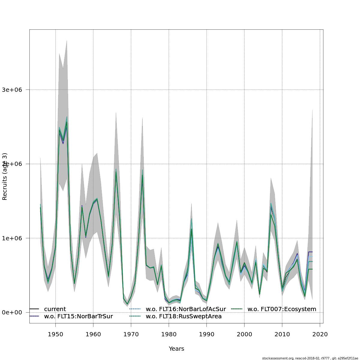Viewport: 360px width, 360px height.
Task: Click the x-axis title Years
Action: click(176, 349)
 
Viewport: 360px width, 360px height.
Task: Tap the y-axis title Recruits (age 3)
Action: click(5, 176)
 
